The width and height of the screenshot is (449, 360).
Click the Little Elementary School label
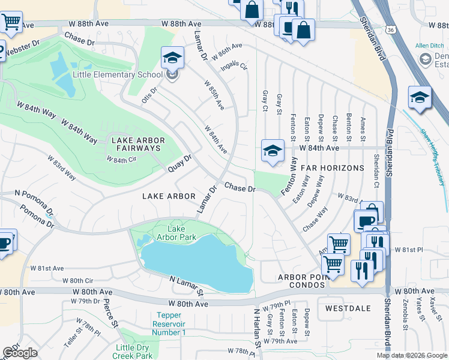[118, 75]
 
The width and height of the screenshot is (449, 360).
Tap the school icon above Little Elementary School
[172, 58]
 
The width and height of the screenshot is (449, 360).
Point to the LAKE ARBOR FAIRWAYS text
[136, 144]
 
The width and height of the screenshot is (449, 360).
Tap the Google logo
[20, 352]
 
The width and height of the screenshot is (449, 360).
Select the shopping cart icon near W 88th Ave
[11, 22]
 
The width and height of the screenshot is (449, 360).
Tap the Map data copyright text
[411, 355]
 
